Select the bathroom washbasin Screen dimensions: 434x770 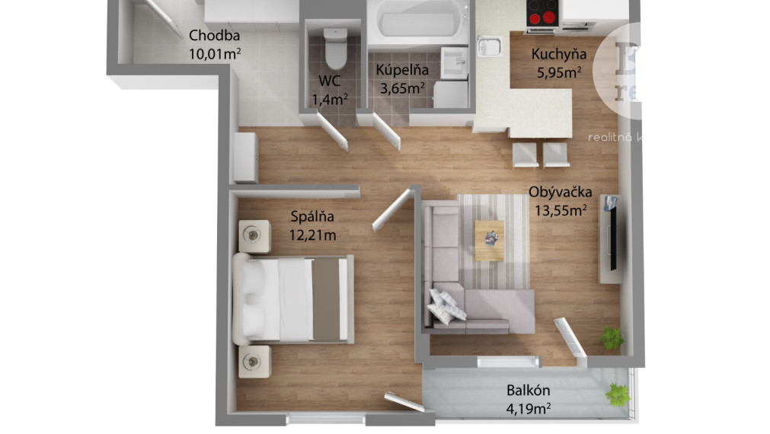[455, 59]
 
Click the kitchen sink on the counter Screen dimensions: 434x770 [487, 46]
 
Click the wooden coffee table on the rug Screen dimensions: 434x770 [489, 240]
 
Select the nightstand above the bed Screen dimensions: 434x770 [254, 236]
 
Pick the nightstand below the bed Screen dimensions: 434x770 [254, 361]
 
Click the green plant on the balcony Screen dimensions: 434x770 [618, 394]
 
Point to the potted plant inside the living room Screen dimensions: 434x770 [611, 337]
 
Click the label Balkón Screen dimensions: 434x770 [529, 391]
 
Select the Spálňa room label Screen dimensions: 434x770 [312, 217]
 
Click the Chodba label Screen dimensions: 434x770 [215, 35]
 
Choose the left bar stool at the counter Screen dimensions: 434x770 [525, 155]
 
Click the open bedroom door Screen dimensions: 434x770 [391, 209]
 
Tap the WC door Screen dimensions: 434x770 [332, 132]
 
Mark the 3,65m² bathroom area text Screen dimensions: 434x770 [402, 88]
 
